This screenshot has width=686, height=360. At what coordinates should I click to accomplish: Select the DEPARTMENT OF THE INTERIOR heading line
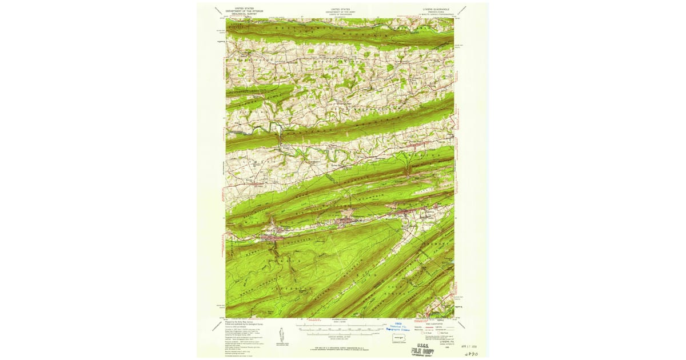pyautogui.click(x=242, y=11)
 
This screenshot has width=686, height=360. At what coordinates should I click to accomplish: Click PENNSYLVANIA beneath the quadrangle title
pyautogui.click(x=433, y=11)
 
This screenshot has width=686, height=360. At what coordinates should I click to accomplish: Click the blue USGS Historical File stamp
pyautogui.click(x=398, y=327)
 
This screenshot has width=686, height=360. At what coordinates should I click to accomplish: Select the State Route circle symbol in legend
pyautogui.click(x=440, y=332)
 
